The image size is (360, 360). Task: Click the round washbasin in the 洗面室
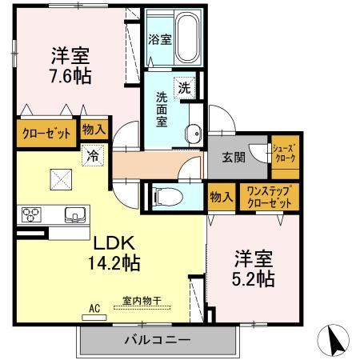click(192, 134)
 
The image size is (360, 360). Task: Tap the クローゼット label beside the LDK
click(46, 132)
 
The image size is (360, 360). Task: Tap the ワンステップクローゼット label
click(268, 197)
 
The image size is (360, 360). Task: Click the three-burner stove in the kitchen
click(31, 214)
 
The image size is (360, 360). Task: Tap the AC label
click(94, 307)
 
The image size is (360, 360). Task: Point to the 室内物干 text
click(142, 301)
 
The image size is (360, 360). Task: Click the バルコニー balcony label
click(157, 340)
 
